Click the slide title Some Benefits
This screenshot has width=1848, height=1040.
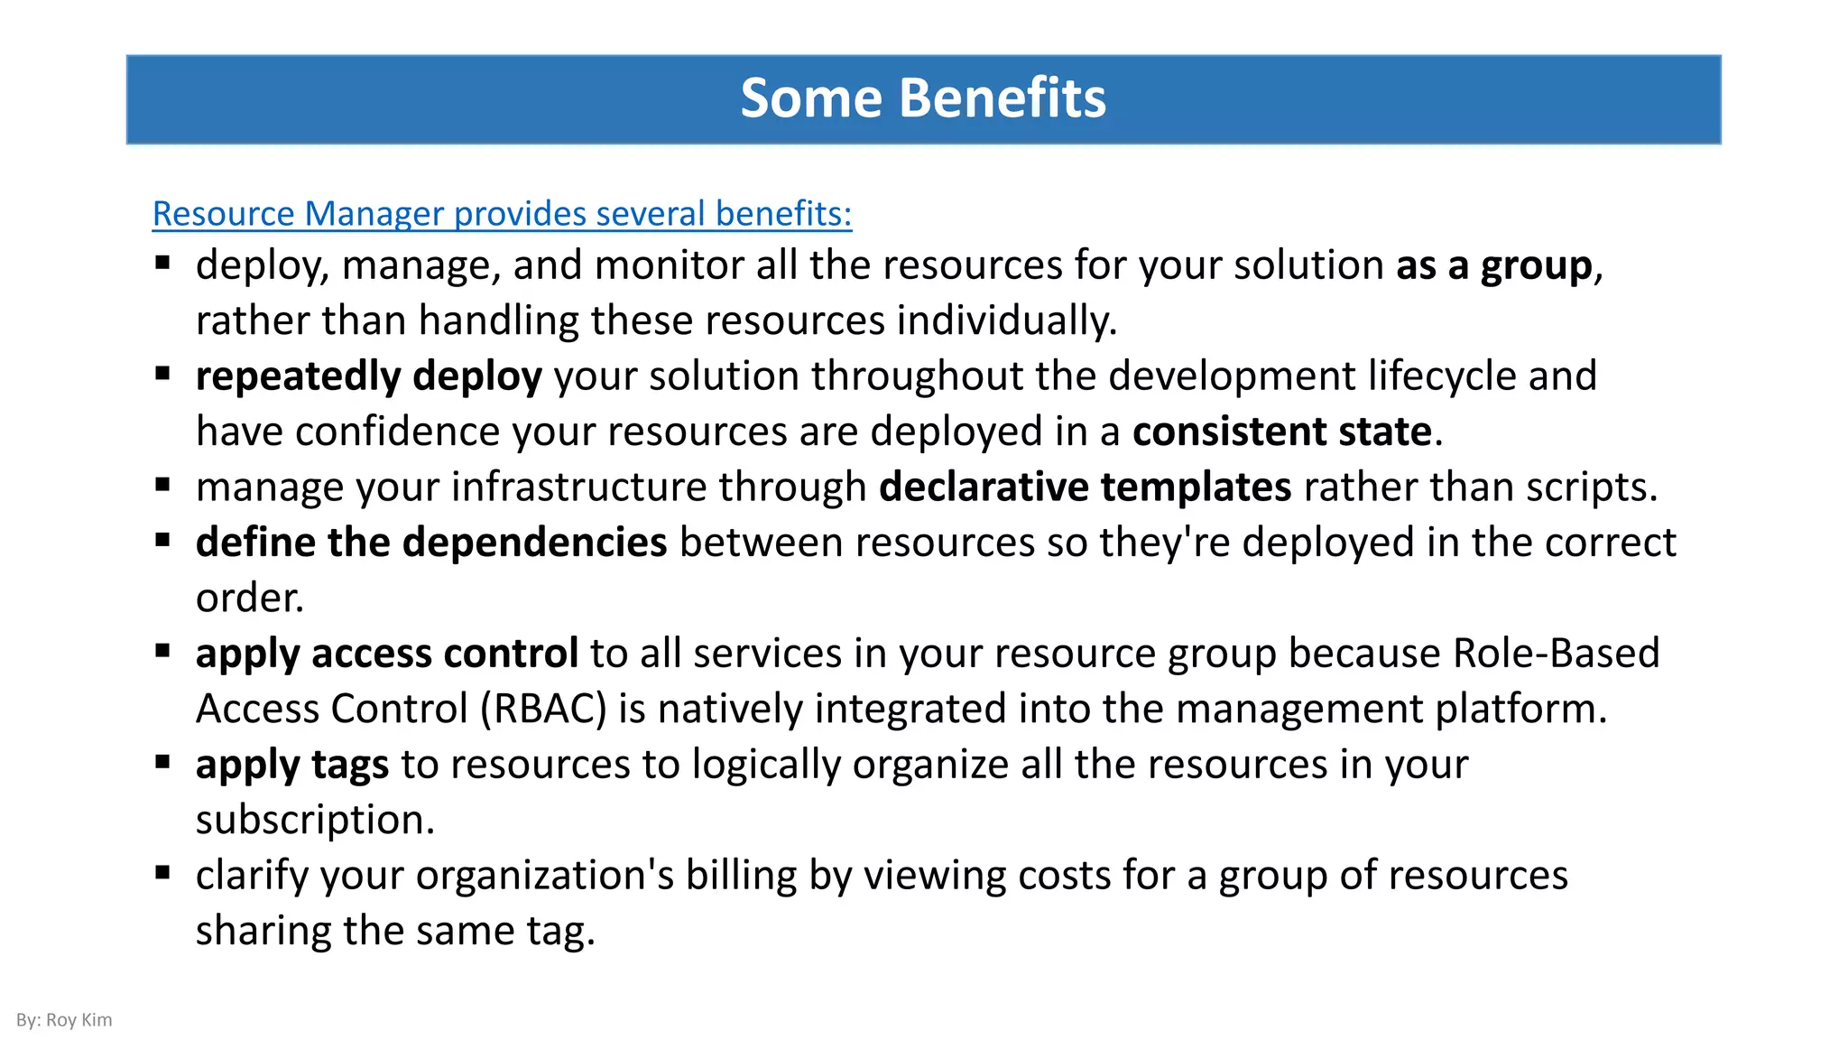pyautogui.click(x=923, y=98)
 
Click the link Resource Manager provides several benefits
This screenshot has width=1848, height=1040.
pyautogui.click(x=502, y=214)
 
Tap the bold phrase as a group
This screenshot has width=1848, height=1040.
pyautogui.click(x=1494, y=266)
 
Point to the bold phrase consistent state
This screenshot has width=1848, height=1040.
pyautogui.click(x=1281, y=432)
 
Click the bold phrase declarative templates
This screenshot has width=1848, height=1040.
pyautogui.click(x=1085, y=487)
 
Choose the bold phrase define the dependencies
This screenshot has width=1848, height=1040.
pyautogui.click(x=431, y=543)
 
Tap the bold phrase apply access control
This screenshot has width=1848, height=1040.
pyautogui.click(x=386, y=654)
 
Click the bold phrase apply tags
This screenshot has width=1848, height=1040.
pyautogui.click(x=291, y=766)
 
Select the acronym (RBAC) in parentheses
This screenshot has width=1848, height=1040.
pyautogui.click(x=543, y=710)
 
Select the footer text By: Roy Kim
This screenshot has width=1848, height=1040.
pyautogui.click(x=64, y=1020)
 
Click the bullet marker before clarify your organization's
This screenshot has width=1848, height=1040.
pyautogui.click(x=162, y=873)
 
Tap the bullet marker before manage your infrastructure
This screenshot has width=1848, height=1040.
pyautogui.click(x=162, y=485)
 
